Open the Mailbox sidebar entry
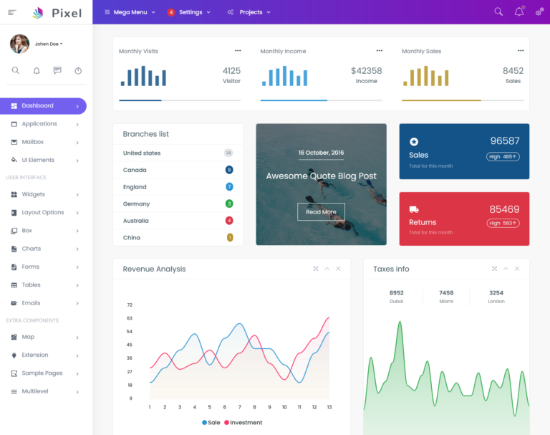(32, 142)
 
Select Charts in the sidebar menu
(31, 249)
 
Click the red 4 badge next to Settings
(171, 12)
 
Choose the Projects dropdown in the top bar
(250, 12)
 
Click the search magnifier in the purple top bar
(498, 11)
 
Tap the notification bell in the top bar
(518, 11)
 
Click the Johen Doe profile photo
(19, 44)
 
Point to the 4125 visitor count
(231, 71)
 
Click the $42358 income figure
(366, 71)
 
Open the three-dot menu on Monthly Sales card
(521, 51)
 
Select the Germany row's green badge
(229, 204)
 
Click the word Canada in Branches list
(135, 170)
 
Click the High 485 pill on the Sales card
(503, 156)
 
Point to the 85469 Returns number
(504, 209)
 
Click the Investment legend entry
(243, 423)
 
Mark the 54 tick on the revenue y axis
(130, 332)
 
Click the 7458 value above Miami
(446, 293)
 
